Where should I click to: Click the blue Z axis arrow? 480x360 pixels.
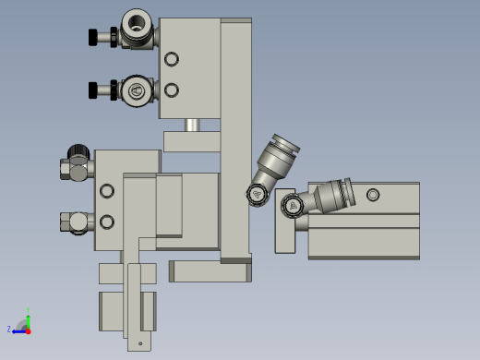coord(17,330)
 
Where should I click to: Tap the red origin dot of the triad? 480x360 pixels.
coord(28,330)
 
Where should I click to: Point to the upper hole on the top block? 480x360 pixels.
coord(171,59)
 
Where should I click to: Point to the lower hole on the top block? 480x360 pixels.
coord(171,90)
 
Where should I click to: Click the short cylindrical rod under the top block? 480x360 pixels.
coord(191,125)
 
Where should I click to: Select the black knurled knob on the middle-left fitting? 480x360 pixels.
coord(78,152)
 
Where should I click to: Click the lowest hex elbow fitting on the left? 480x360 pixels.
coord(76,222)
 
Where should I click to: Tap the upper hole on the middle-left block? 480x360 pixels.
coord(107,190)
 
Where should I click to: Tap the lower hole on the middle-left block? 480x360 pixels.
coord(107,222)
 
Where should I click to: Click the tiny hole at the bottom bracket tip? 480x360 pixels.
coord(140,343)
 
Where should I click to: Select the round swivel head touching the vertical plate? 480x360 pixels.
coord(256,194)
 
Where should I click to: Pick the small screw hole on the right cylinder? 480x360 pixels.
coord(372,195)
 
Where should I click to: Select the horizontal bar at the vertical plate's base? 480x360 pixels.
coord(209,271)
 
